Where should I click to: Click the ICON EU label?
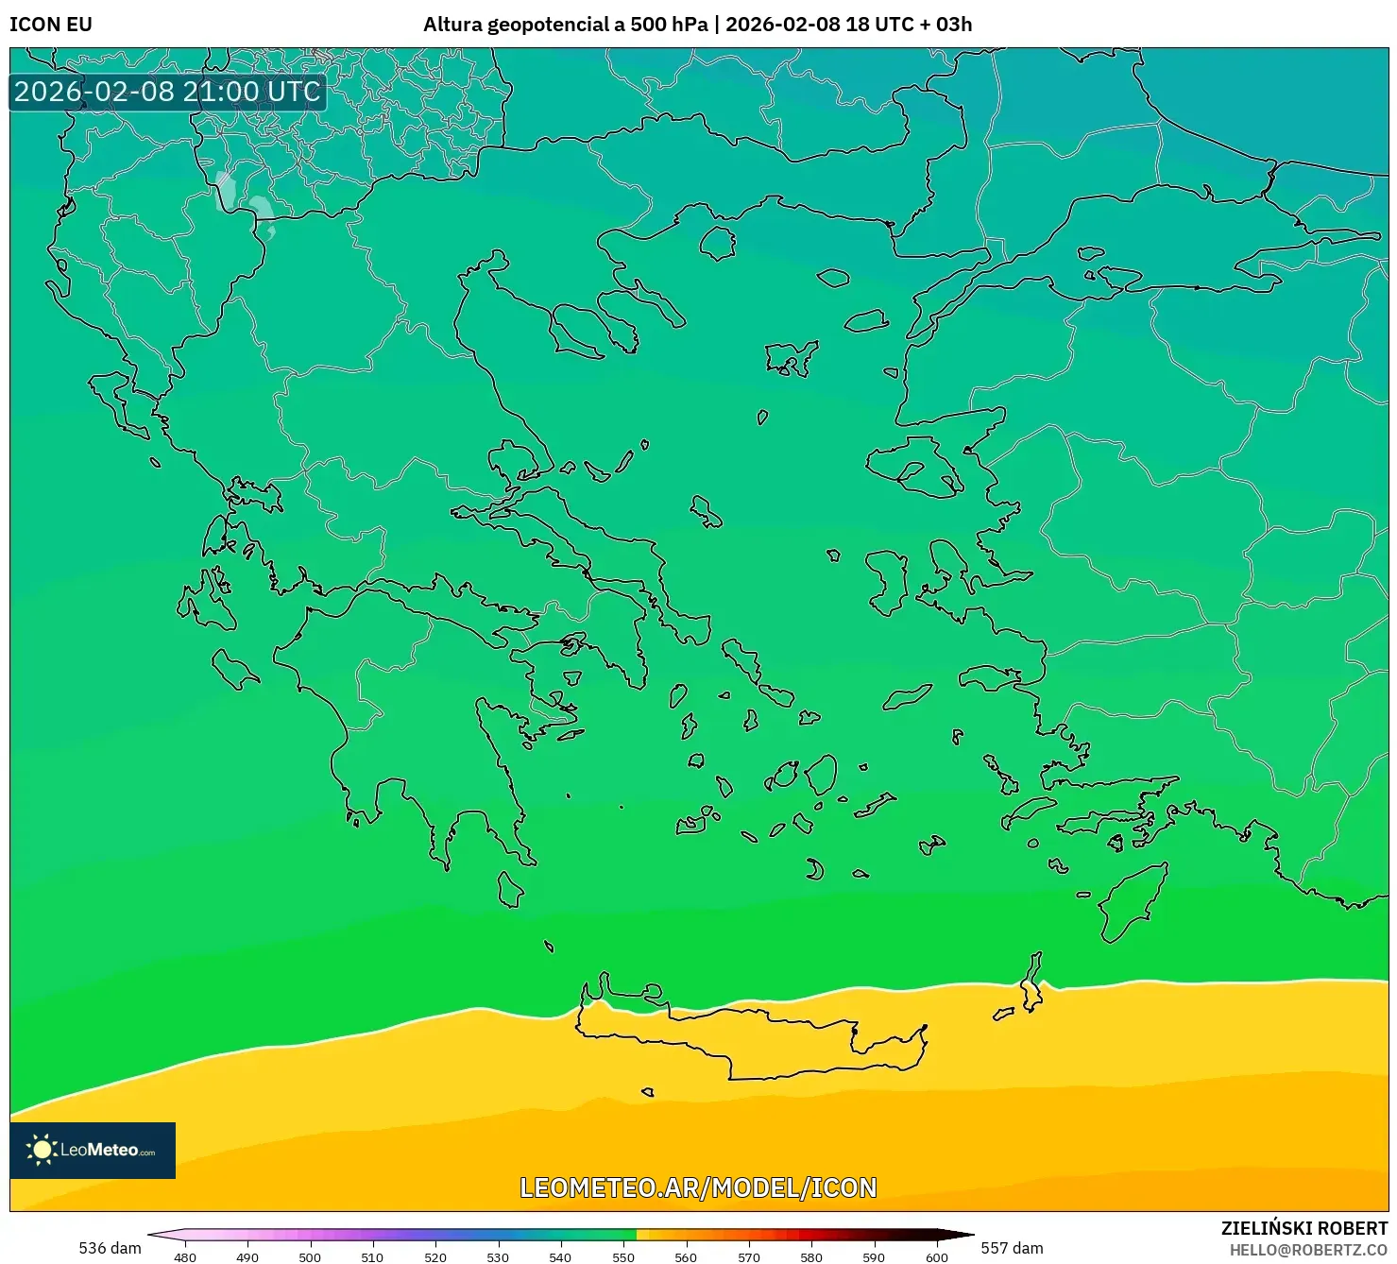(x=51, y=25)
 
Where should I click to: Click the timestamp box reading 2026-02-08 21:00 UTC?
(x=168, y=92)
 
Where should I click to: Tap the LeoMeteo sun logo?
(x=42, y=1150)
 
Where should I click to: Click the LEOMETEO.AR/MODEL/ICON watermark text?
(x=698, y=1187)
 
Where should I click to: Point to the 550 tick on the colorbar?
(x=623, y=1256)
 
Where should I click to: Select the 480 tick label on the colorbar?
(x=185, y=1256)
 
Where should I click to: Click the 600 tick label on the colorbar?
(x=936, y=1256)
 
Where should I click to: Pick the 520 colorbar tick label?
(x=435, y=1256)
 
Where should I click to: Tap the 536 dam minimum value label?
(x=110, y=1248)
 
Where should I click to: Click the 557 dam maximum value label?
(x=1012, y=1248)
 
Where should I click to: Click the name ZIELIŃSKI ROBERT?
(x=1303, y=1229)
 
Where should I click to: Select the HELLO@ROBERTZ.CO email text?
(x=1308, y=1250)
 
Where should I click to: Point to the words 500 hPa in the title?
(x=669, y=25)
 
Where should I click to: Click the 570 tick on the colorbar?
(x=749, y=1256)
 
